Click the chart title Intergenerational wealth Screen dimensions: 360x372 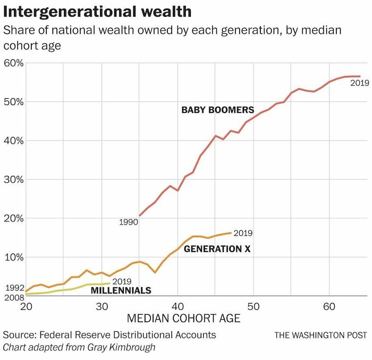[97, 11]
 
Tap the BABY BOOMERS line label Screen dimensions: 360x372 [218, 110]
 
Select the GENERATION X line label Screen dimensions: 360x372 [217, 248]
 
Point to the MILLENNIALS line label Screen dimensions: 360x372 [121, 290]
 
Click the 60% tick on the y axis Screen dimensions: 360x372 [13, 63]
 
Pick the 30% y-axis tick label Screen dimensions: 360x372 [13, 179]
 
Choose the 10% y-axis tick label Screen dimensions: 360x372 [13, 257]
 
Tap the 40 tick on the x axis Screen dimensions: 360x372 [177, 306]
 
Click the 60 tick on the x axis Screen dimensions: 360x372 [329, 306]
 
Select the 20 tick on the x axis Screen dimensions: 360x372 [26, 306]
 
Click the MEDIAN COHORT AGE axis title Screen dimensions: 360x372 [183, 319]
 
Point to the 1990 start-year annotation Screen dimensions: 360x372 [128, 222]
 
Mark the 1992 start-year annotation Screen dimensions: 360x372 [14, 287]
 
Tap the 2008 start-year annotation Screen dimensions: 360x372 [14, 297]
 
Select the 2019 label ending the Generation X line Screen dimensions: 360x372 [243, 233]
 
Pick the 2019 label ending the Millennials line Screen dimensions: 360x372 [122, 281]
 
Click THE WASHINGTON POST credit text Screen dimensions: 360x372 [320, 335]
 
